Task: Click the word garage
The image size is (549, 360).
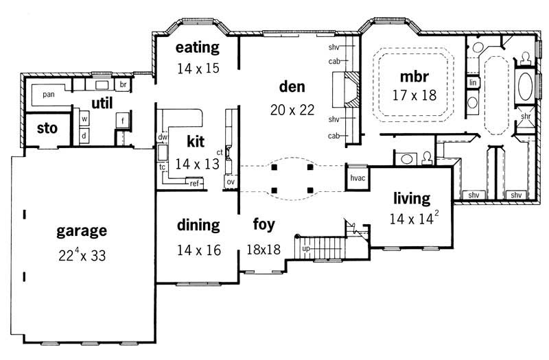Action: (81, 230)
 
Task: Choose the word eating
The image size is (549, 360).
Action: (197, 47)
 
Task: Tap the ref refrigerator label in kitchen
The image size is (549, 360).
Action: (194, 183)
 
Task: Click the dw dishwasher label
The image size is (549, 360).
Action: (163, 137)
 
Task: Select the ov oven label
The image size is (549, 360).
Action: (230, 182)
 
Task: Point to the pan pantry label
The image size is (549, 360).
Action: (48, 93)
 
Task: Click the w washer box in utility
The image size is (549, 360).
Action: (84, 119)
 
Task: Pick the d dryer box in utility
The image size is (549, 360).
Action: (84, 135)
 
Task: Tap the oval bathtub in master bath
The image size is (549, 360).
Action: (526, 87)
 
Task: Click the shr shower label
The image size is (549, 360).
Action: (526, 116)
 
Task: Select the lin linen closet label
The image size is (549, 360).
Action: (473, 82)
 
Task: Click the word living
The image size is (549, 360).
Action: (411, 199)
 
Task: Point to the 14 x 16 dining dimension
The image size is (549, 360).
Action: (198, 250)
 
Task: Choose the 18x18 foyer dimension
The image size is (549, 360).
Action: (264, 250)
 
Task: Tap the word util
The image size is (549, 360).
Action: (102, 102)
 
